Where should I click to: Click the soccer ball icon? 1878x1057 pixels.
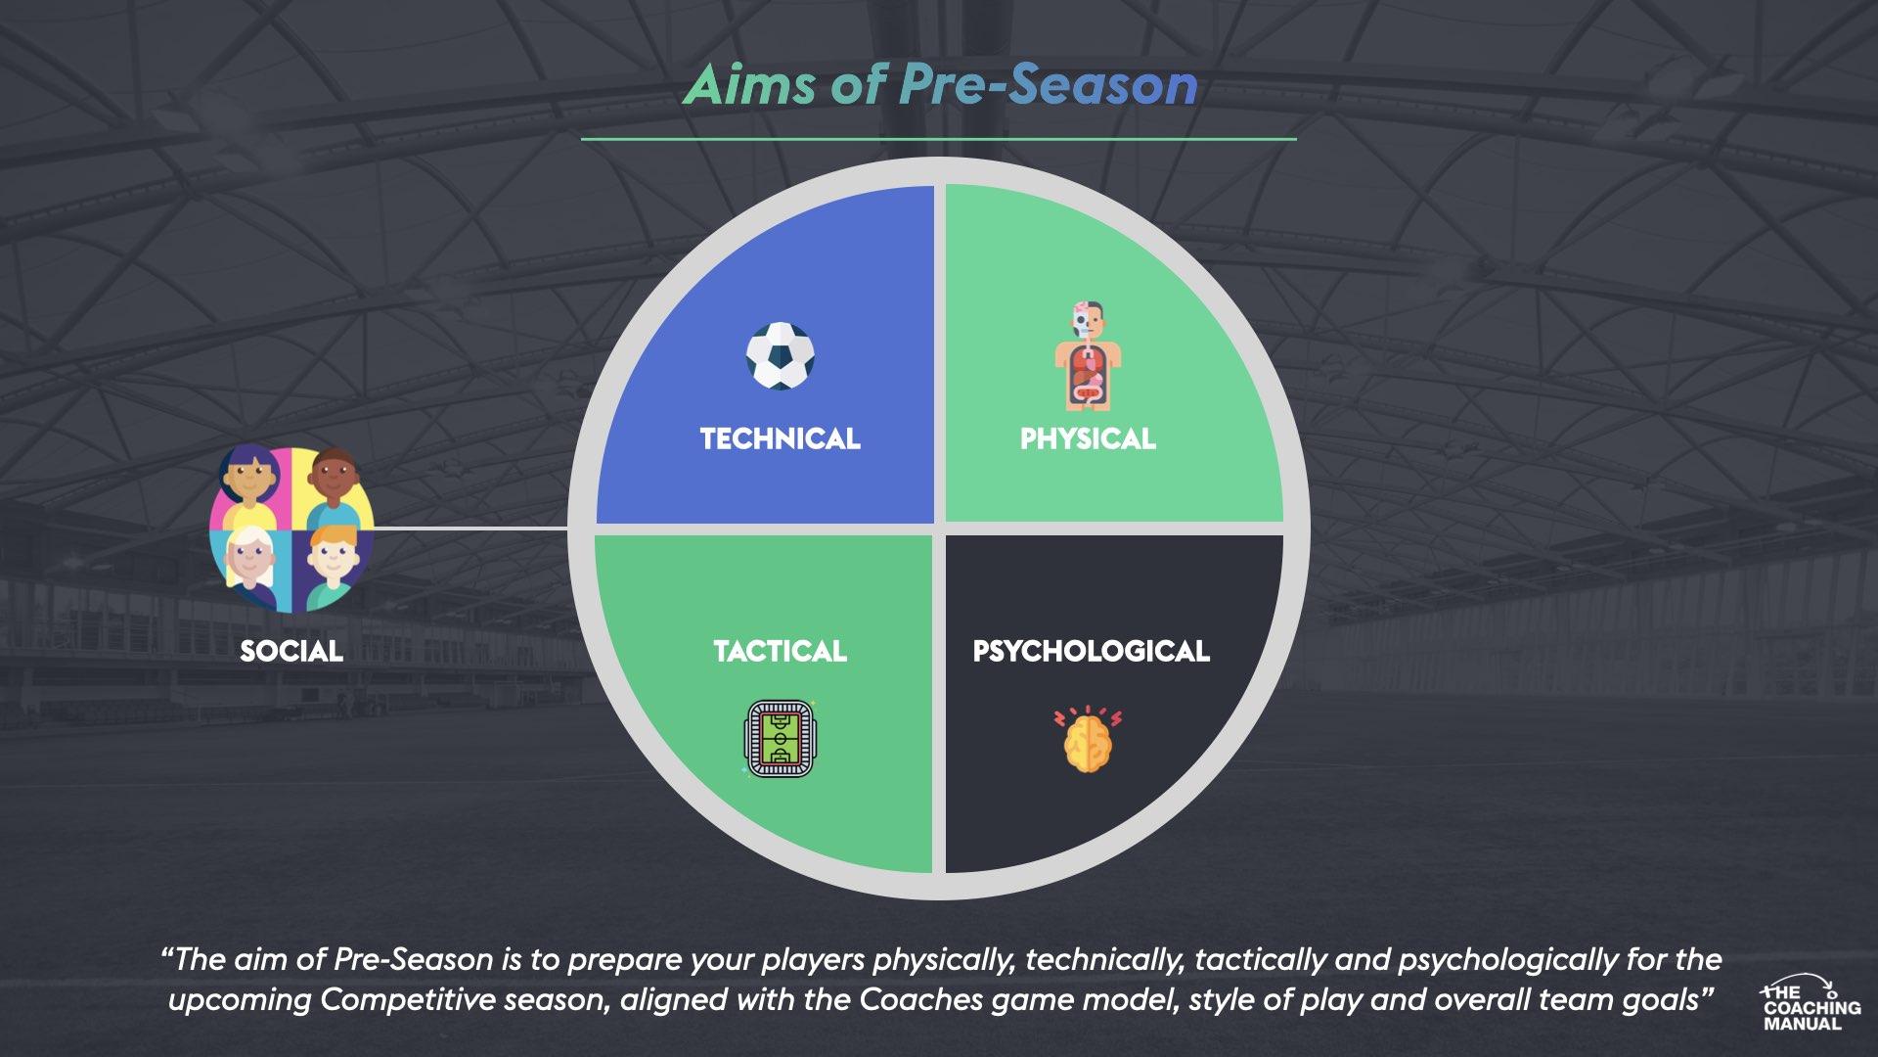780,356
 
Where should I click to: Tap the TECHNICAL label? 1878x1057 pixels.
780,438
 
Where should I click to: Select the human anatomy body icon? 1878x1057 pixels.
1088,356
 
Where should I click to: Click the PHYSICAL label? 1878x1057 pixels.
1088,438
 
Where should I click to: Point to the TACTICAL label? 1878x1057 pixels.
780,651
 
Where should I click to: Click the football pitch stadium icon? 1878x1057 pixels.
779,738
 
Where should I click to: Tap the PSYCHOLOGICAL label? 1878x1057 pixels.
1091,651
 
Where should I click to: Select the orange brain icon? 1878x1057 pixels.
1088,740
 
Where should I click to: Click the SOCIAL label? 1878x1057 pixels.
291,651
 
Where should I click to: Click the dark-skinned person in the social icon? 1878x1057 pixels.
335,482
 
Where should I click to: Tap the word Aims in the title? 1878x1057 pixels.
748,85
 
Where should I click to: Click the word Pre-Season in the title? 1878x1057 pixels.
1048,85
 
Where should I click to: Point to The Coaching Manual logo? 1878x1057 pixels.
1810,1003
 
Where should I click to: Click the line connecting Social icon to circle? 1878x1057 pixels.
469,528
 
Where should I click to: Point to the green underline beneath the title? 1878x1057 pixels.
938,139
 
